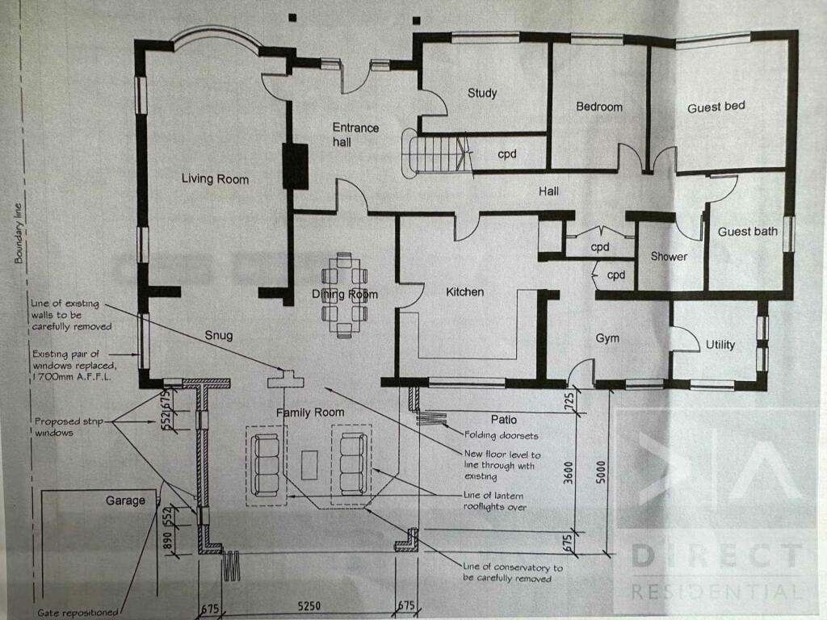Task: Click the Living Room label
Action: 214,178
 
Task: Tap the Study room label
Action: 482,93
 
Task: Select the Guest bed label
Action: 716,107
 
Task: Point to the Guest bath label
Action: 748,232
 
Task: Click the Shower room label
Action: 669,257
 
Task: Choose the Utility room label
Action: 720,345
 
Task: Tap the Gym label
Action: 607,338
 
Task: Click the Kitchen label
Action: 465,291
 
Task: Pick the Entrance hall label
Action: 355,135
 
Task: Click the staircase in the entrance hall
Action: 441,153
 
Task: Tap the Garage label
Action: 125,501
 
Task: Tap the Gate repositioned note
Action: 78,611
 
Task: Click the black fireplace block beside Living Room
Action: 295,166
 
